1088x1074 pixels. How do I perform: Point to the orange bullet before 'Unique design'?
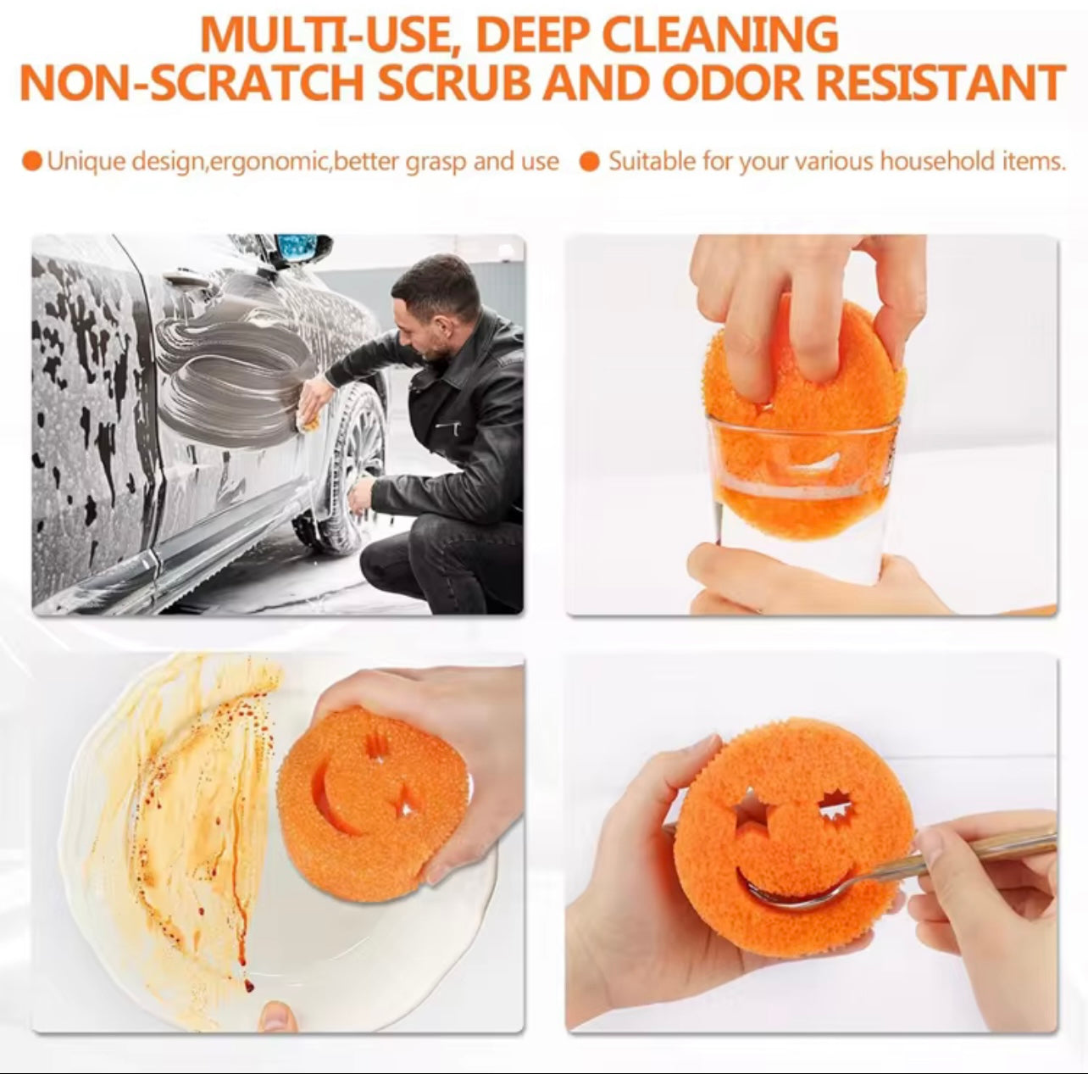33,162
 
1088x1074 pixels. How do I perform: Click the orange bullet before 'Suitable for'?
590,162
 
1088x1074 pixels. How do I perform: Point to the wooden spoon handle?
1013,845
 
